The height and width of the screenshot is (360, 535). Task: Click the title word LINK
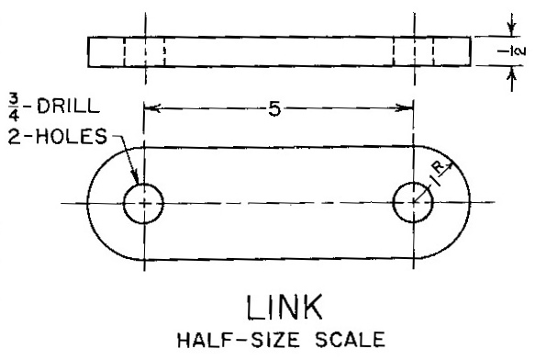click(x=284, y=307)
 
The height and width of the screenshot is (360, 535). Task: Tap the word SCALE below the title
click(x=350, y=340)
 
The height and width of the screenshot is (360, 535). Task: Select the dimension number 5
click(x=274, y=109)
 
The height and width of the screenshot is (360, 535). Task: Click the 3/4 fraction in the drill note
click(x=14, y=108)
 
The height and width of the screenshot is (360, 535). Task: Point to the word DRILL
click(x=68, y=107)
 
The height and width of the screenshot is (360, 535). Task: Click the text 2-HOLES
click(x=57, y=136)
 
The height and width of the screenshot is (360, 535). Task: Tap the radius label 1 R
click(x=438, y=174)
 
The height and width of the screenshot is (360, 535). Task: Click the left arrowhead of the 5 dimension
click(x=151, y=108)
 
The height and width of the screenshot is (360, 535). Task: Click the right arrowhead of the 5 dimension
click(x=406, y=108)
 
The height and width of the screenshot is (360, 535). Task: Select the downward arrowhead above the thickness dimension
click(x=511, y=29)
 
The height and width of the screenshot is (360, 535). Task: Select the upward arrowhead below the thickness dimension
click(x=511, y=73)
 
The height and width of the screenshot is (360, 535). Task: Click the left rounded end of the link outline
click(x=87, y=204)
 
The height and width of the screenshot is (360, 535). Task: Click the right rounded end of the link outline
click(x=470, y=202)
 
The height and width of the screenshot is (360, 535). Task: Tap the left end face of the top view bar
click(x=88, y=51)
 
